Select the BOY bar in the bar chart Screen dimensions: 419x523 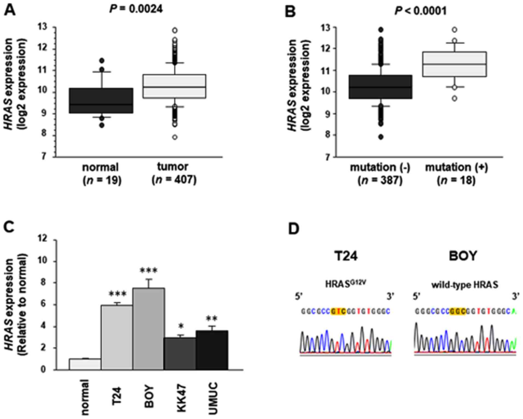click(148, 329)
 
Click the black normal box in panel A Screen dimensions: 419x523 click(101, 100)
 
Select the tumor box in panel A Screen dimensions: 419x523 click(175, 86)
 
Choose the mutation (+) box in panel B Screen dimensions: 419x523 click(454, 64)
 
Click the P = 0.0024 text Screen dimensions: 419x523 click(136, 9)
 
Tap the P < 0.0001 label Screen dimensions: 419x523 click(421, 11)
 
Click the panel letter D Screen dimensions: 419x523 click(294, 229)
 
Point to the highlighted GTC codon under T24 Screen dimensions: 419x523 click(338, 311)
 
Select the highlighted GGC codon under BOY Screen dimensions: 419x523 click(458, 311)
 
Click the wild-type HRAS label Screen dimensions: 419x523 click(465, 285)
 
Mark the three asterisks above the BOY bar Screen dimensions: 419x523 click(148, 271)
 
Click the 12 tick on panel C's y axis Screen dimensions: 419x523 click(43, 240)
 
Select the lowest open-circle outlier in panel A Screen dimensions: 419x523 click(175, 137)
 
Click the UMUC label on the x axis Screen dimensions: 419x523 click(213, 398)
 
